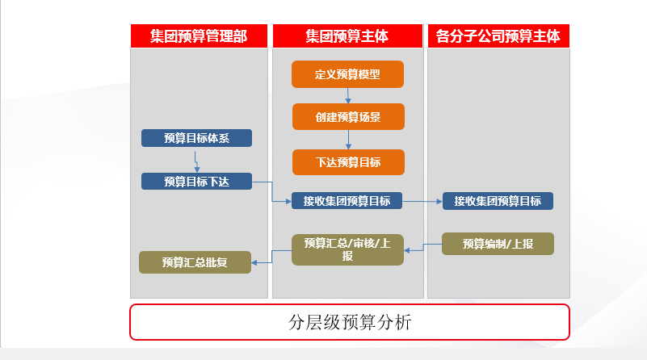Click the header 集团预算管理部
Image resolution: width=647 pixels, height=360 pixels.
199,36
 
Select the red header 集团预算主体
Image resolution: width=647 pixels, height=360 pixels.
347,36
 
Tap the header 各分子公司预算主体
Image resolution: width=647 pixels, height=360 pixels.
498,36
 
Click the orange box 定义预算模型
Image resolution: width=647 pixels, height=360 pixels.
347,74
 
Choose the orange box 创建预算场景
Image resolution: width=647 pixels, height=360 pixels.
348,117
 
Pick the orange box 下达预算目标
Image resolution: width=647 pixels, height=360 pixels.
348,162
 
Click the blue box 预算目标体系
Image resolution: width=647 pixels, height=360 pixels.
196,138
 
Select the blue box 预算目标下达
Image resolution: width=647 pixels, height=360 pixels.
196,182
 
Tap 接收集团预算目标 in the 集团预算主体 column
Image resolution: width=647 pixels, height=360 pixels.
347,201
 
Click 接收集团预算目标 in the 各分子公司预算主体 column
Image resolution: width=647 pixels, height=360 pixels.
498,201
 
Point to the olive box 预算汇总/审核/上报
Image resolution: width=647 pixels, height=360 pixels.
347,249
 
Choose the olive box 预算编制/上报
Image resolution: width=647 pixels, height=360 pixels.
498,244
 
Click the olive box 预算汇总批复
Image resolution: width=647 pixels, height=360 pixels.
195,262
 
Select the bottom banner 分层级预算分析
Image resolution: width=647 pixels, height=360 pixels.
350,322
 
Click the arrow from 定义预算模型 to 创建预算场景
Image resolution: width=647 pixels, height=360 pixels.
348,96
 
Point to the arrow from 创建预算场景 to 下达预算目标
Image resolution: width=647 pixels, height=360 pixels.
348,140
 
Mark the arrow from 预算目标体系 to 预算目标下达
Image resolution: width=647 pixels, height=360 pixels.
196,162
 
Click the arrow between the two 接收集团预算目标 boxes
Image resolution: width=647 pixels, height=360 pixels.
422,201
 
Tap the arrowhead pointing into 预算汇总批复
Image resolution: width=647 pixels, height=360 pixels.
254,262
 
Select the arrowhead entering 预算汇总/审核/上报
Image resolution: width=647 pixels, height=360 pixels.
406,250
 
